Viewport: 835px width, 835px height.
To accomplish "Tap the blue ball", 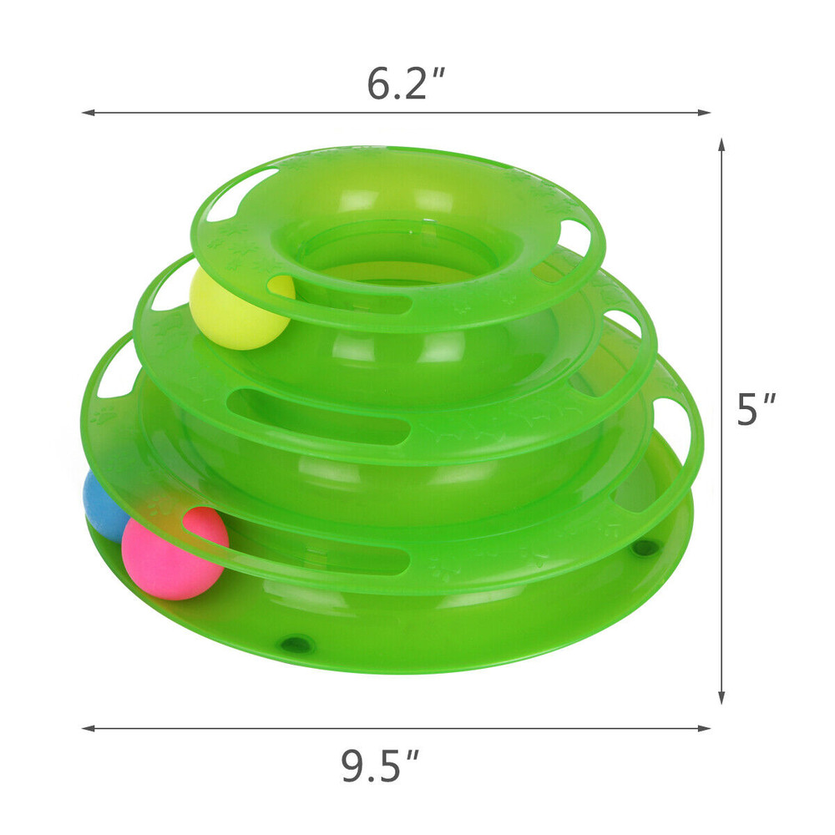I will [x=102, y=505].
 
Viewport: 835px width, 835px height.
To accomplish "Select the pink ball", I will [x=174, y=553].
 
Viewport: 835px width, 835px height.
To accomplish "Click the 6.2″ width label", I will [x=407, y=83].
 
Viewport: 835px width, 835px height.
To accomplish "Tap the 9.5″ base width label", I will [x=381, y=766].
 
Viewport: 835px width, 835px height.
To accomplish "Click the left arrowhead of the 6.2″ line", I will [x=86, y=113].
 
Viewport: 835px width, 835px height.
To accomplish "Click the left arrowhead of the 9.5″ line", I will [x=86, y=728].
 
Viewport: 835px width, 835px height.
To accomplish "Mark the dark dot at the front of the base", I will [x=296, y=642].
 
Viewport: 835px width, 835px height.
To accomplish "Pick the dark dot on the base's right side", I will [x=645, y=549].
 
